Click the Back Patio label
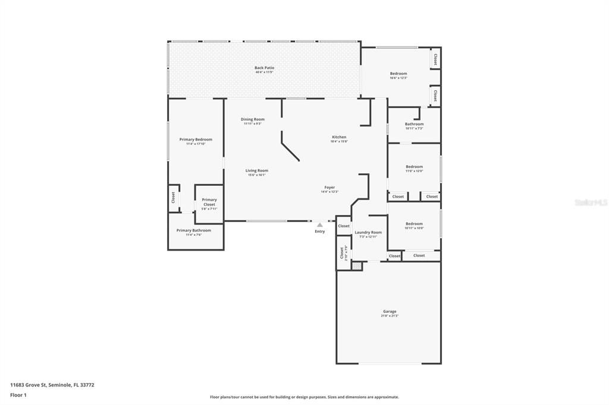pos(264,68)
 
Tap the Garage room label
pos(390,311)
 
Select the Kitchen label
pos(339,137)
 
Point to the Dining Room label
pos(252,119)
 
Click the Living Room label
pos(257,170)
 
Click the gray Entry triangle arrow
pos(319,225)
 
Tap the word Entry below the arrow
pos(319,232)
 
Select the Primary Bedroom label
pos(196,140)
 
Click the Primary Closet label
pos(209,202)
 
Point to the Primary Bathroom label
pos(193,230)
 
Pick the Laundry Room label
pos(368,232)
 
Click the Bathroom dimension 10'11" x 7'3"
pos(414,128)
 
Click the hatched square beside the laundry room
pos(356,267)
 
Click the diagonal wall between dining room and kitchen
pos(290,147)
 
